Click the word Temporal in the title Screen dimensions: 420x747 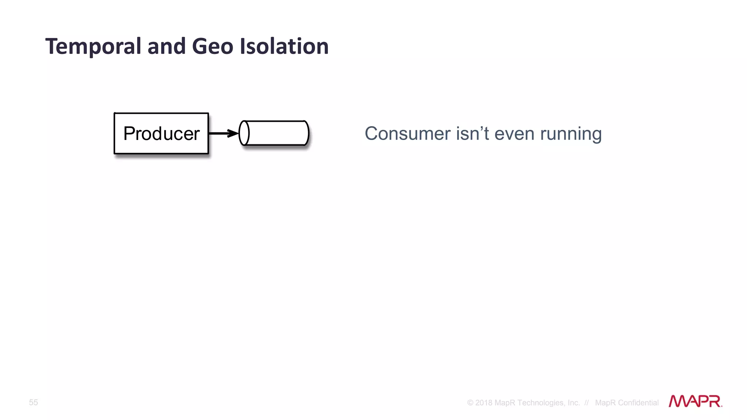pos(93,47)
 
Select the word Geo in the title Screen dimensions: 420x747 pos(212,47)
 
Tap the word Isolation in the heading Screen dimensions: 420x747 pos(284,47)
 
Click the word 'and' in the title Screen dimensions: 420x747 pos(166,47)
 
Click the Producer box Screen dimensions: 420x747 pos(161,133)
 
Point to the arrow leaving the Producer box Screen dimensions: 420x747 pos(221,133)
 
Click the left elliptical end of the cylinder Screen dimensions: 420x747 pos(244,133)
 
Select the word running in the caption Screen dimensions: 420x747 pos(571,134)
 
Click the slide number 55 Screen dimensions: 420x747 pos(34,402)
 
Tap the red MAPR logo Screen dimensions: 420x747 pos(695,401)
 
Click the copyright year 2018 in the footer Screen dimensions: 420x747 pos(484,403)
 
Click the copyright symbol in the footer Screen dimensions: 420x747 pos(470,403)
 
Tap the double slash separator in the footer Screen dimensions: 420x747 pos(587,403)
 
